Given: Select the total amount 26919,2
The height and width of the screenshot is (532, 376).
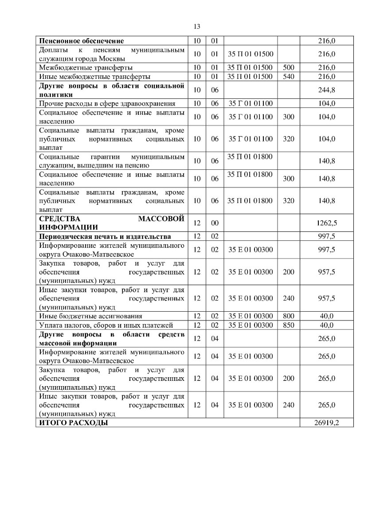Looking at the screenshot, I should (326, 423).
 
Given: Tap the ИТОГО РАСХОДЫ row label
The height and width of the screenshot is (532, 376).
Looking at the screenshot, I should (74, 423).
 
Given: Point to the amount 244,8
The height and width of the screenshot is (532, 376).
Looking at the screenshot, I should (326, 90).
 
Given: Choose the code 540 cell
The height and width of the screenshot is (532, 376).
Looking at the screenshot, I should (288, 77).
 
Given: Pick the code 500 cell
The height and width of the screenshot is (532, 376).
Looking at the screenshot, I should (288, 68).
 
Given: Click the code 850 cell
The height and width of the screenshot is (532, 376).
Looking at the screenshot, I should (288, 325).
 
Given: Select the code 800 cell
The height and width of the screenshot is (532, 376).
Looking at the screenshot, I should (288, 316).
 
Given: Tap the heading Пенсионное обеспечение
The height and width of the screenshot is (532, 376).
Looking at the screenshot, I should (80, 41).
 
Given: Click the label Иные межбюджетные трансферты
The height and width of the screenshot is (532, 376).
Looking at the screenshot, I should (95, 77).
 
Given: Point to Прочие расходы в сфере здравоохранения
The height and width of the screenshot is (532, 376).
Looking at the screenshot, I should (107, 103).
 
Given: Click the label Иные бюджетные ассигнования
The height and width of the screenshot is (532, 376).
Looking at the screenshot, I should (90, 316).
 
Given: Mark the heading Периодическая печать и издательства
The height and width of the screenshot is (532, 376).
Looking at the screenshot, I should (105, 236).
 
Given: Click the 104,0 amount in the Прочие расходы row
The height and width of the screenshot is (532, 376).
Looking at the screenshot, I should (326, 103).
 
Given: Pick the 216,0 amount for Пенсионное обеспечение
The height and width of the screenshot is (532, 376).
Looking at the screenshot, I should (326, 41).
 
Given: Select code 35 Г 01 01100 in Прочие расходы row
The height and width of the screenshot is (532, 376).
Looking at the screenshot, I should (251, 103).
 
